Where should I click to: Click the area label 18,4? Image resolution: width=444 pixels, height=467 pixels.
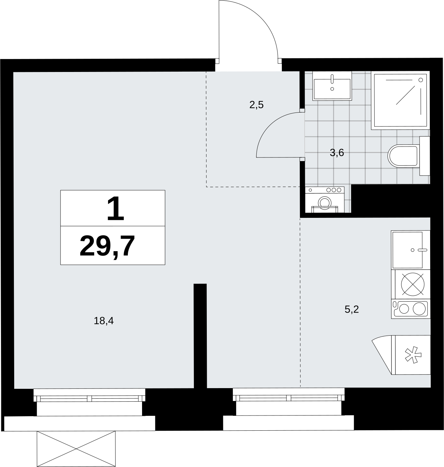(104, 321)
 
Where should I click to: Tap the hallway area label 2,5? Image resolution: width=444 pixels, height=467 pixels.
(256, 105)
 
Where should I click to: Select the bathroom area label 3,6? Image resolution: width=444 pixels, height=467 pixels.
(337, 153)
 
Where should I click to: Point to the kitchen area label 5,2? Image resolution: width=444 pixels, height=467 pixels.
(351, 309)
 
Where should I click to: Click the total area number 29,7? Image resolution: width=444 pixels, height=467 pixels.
(107, 246)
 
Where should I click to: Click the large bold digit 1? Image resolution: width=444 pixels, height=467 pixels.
(116, 209)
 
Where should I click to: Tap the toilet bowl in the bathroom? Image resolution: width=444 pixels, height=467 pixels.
(403, 156)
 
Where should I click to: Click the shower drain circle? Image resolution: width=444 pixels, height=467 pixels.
(421, 80)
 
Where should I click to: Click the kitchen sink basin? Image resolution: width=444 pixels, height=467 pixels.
(408, 250)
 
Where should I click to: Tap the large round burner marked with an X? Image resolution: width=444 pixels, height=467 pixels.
(413, 284)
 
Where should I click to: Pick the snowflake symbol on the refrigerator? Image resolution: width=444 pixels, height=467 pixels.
(413, 355)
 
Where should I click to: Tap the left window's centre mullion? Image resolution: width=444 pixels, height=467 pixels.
(89, 399)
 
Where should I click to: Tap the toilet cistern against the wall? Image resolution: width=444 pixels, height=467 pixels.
(425, 156)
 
